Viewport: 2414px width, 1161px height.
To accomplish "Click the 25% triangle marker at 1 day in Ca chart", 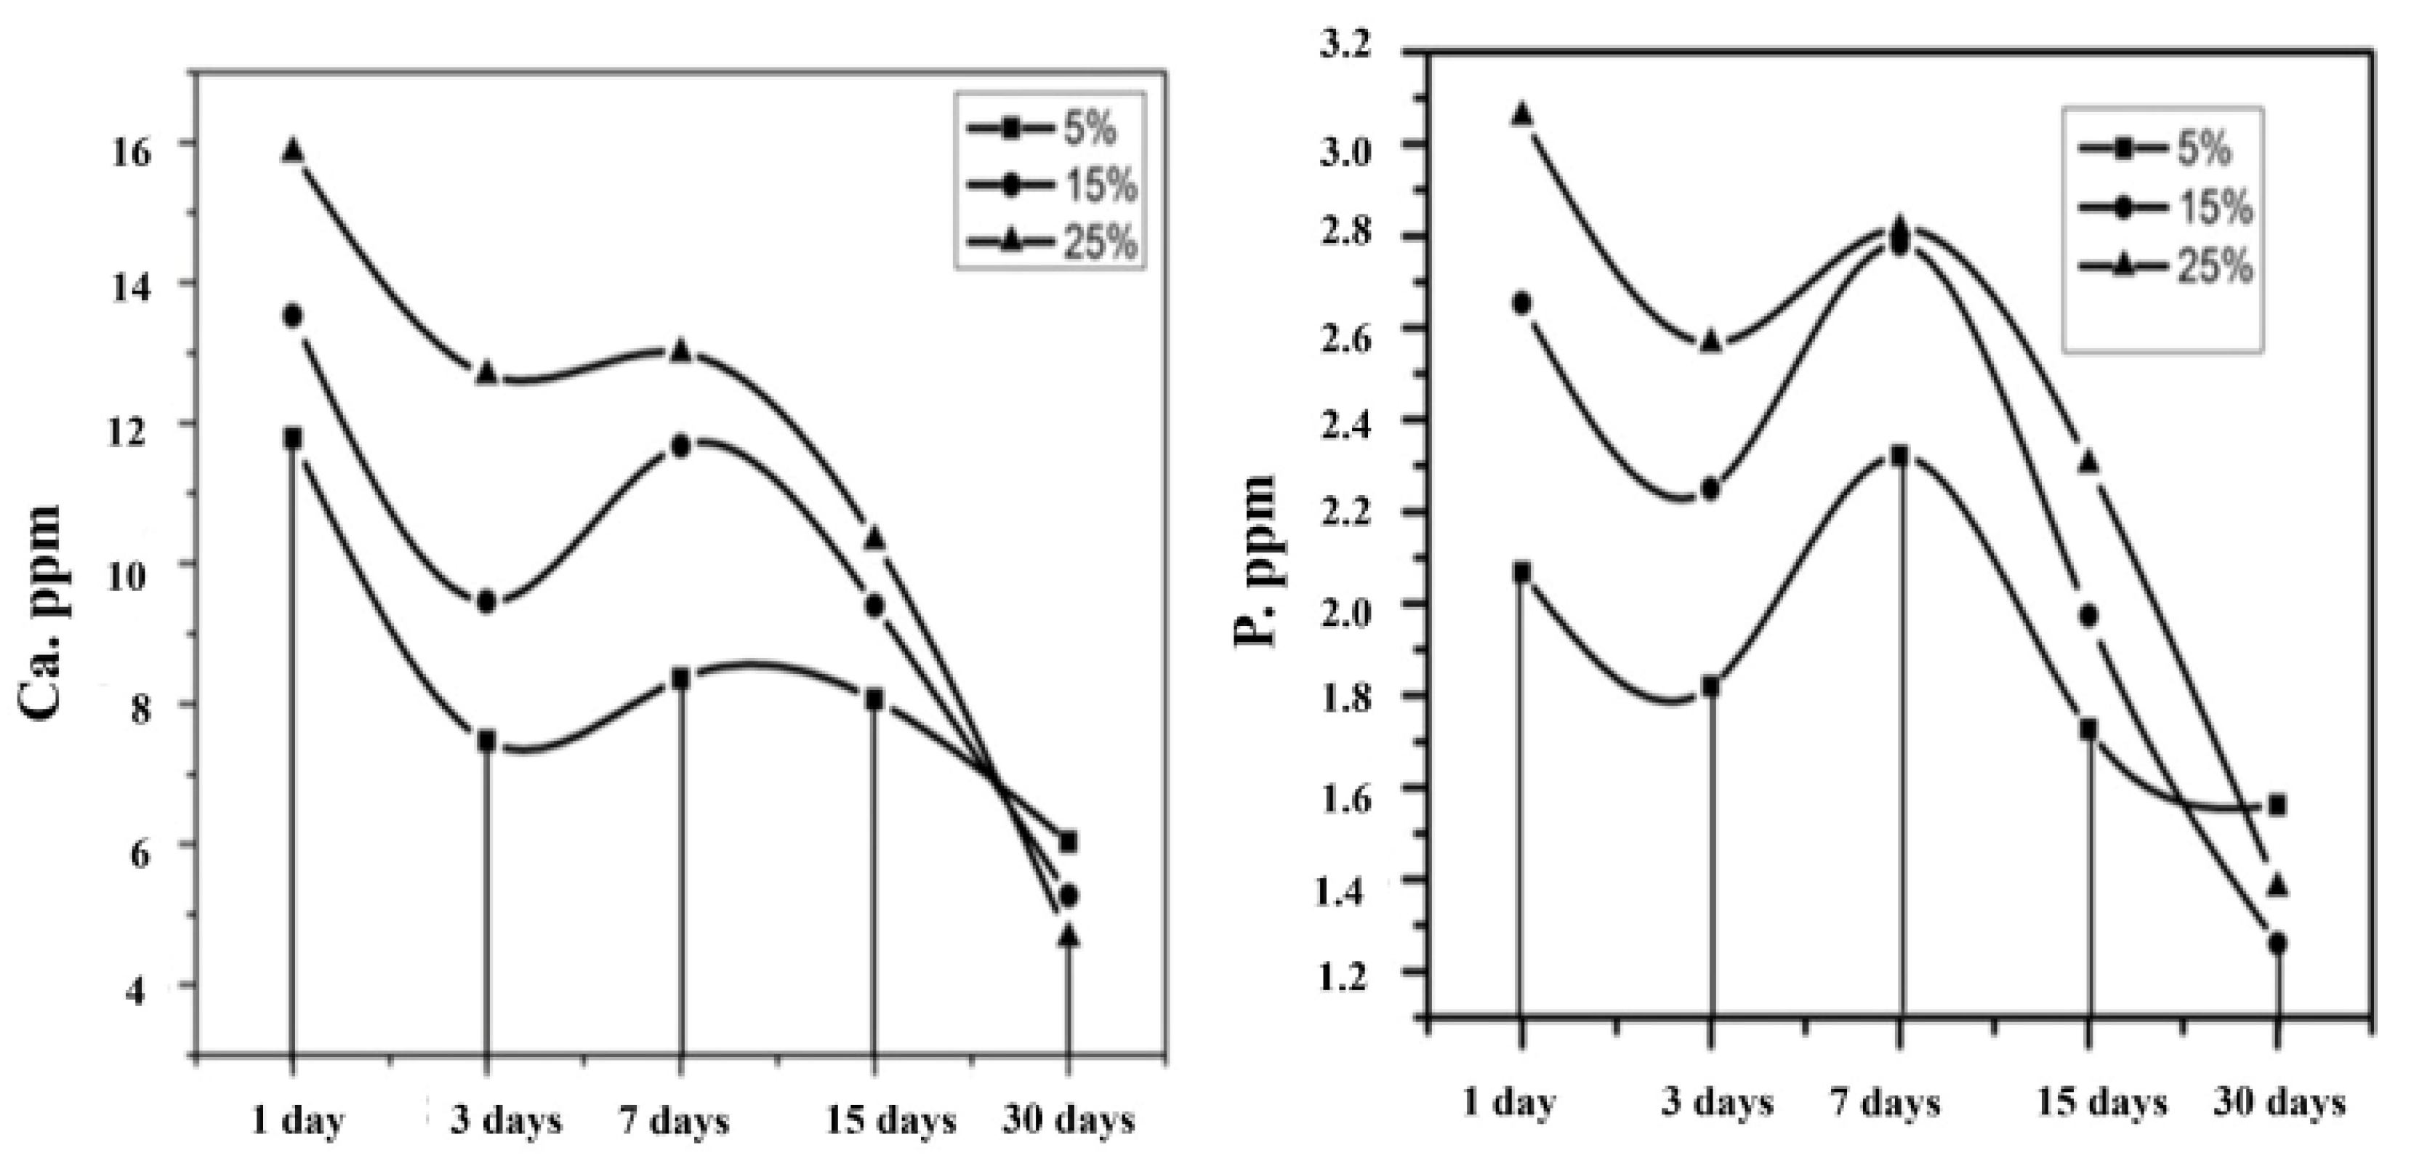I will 292,151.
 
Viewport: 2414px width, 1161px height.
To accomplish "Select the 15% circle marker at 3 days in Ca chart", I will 486,602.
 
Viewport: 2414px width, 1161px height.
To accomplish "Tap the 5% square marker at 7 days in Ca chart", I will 680,678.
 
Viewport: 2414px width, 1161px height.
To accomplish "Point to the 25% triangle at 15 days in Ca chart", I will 874,538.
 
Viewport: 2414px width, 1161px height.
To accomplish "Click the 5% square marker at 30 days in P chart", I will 2277,806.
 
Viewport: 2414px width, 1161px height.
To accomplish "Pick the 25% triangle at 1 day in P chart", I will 1523,114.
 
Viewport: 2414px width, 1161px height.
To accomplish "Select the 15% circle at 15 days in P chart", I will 2088,616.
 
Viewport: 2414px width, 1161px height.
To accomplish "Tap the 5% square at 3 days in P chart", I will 1711,687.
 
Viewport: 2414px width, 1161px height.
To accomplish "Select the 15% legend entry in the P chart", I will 2165,207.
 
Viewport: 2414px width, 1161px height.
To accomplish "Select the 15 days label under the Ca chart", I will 890,1120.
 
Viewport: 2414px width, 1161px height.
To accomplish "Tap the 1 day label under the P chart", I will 1509,1103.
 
